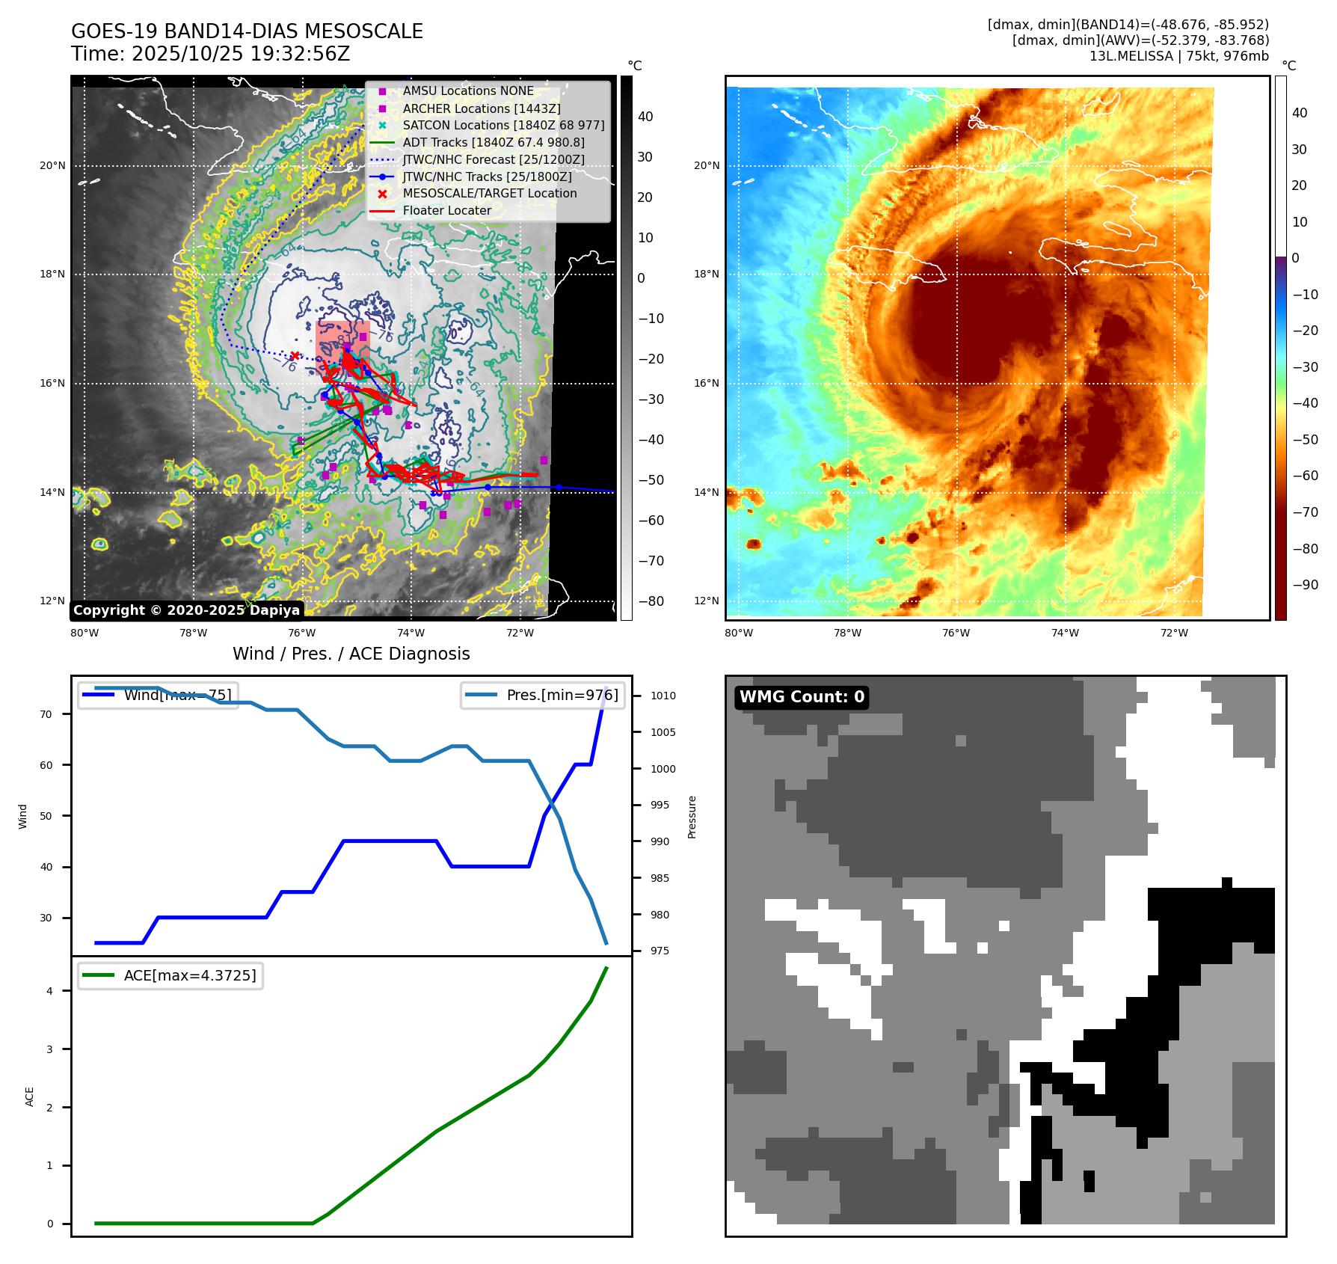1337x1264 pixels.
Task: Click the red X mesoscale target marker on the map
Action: (x=295, y=356)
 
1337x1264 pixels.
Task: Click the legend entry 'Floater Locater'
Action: (x=446, y=211)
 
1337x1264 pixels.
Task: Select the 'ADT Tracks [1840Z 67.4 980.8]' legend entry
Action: (x=494, y=142)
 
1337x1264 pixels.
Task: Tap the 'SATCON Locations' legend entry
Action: (x=503, y=125)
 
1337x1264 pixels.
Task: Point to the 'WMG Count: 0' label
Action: (x=802, y=697)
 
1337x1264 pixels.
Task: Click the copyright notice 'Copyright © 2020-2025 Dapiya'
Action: (x=186, y=610)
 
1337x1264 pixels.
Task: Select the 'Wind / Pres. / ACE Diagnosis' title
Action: (x=351, y=654)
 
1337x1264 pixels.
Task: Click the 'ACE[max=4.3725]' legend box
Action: (x=170, y=975)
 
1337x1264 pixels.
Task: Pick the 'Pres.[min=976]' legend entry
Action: (x=543, y=695)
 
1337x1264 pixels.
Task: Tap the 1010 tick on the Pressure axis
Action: (x=663, y=696)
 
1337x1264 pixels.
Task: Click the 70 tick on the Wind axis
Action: (x=46, y=714)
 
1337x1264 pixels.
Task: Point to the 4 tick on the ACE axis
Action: (x=50, y=991)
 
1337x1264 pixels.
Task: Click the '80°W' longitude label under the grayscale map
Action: (x=84, y=633)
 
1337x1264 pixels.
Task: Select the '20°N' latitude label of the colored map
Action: (x=707, y=165)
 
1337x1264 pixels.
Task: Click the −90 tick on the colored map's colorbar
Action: (x=1306, y=585)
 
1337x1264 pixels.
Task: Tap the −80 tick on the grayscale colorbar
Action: (x=651, y=601)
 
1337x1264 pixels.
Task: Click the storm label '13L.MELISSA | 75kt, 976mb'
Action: (x=1178, y=56)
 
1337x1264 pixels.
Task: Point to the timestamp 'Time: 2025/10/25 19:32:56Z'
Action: (x=210, y=54)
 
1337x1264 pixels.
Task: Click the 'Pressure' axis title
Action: (x=692, y=817)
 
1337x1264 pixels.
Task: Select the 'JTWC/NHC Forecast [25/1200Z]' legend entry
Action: (x=494, y=159)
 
